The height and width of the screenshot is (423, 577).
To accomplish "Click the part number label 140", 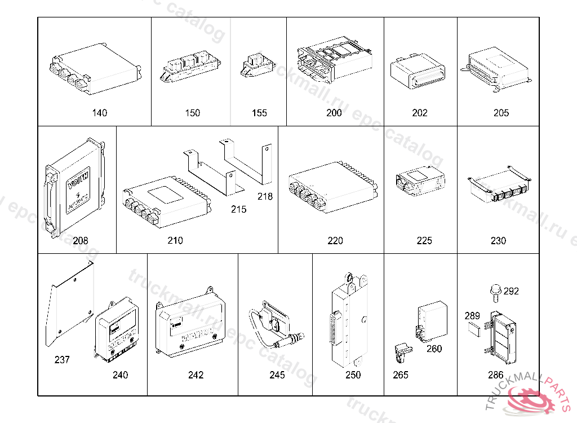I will coord(99,113).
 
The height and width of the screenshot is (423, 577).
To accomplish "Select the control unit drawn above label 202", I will coord(418,72).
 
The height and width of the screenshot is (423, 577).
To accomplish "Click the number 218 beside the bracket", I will coord(265,197).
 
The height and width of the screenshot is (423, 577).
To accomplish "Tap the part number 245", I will coord(277,375).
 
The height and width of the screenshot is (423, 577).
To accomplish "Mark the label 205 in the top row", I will coord(501,113).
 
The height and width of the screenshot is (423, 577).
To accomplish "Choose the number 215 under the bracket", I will coord(238,209).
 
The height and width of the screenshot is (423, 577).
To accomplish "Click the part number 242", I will coord(196,375).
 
